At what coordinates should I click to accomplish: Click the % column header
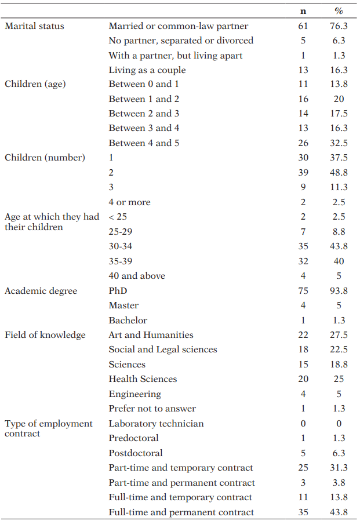click(339, 11)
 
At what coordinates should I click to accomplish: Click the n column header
click(303, 11)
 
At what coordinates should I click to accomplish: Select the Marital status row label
click(34, 26)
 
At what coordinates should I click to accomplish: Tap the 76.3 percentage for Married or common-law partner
click(339, 26)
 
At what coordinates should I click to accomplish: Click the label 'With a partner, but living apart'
click(176, 56)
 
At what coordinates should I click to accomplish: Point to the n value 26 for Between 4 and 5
click(303, 143)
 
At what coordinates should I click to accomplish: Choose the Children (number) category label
click(45, 158)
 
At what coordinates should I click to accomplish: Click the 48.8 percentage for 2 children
click(339, 173)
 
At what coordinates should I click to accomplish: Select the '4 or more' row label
click(129, 202)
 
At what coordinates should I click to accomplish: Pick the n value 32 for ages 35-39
click(303, 261)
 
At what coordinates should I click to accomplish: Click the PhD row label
click(118, 291)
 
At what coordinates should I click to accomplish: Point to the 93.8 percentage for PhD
click(339, 291)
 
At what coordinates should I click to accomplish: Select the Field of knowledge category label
click(45, 335)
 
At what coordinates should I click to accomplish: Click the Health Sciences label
click(143, 379)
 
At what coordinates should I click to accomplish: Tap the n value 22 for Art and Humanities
click(303, 335)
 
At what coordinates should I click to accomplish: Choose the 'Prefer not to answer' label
click(152, 409)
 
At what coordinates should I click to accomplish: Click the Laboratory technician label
click(156, 424)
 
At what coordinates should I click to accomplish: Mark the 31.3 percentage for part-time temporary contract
click(339, 468)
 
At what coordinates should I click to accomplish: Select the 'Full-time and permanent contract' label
click(181, 512)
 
